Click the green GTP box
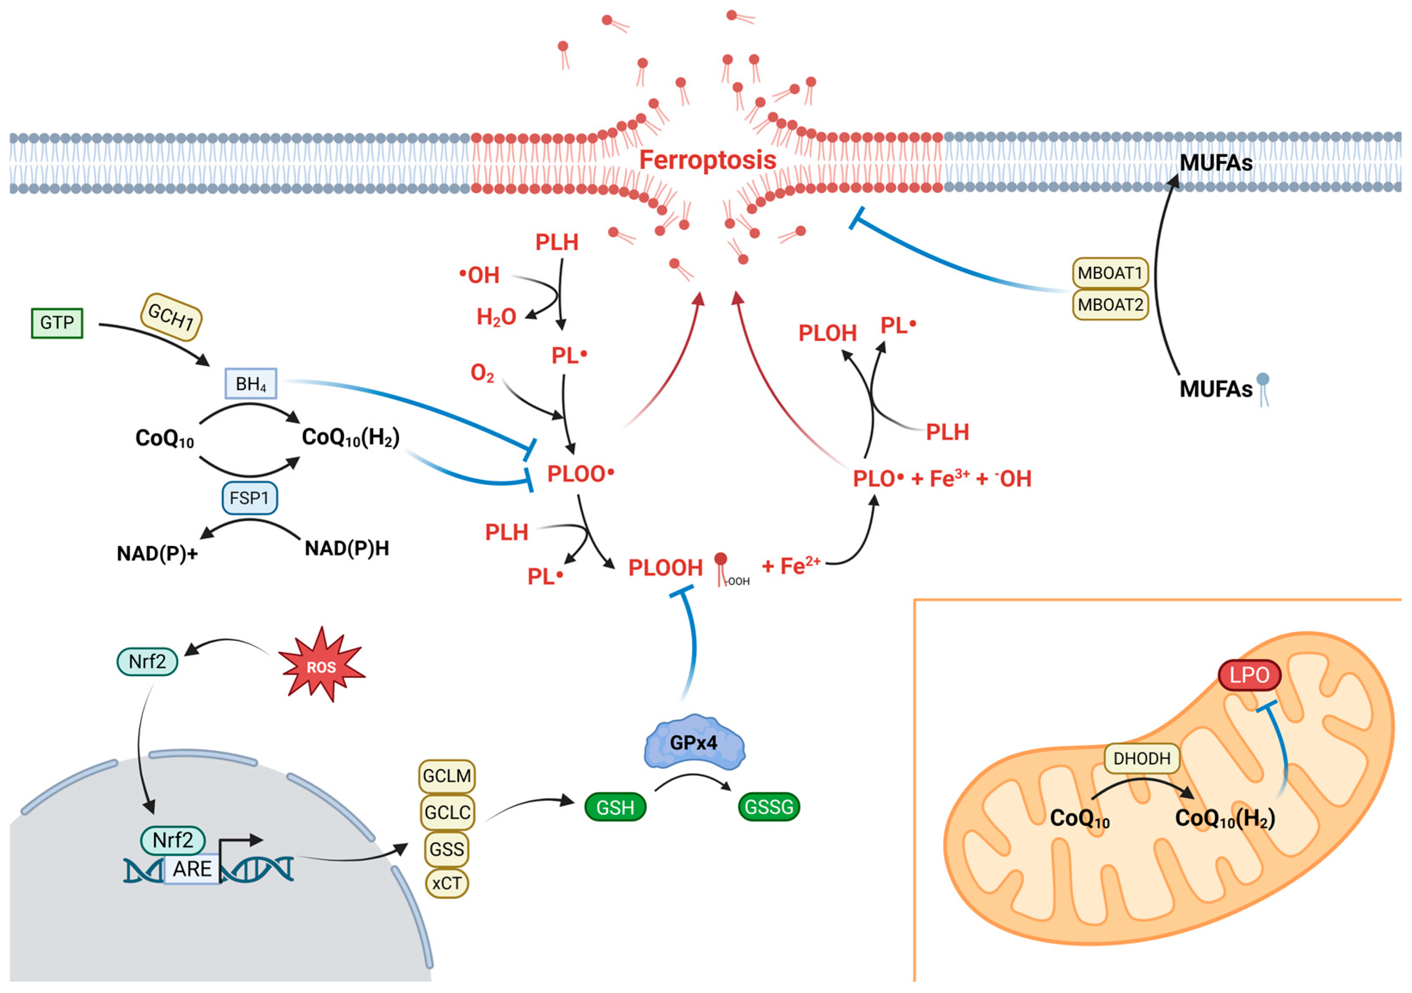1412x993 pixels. (x=57, y=323)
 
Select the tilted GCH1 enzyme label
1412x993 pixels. (x=171, y=317)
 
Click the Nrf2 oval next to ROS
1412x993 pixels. (x=147, y=661)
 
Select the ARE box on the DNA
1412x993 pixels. (x=192, y=869)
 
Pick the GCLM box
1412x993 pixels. (x=447, y=776)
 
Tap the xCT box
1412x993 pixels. (x=447, y=883)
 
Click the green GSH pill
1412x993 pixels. (x=615, y=807)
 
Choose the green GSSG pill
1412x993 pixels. (x=769, y=807)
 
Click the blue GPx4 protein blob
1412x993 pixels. (x=694, y=743)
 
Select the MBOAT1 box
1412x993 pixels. (x=1110, y=273)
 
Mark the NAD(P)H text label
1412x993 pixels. (x=347, y=548)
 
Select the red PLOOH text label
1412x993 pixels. (x=665, y=568)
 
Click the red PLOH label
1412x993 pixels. (x=827, y=333)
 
